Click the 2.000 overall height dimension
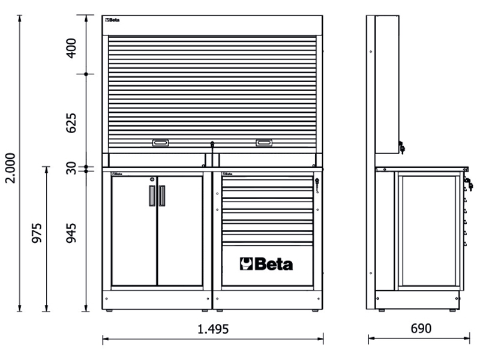pyautogui.click(x=11, y=168)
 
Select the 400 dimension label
pyautogui.click(x=71, y=48)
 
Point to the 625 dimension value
pyautogui.click(x=71, y=123)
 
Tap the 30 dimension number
pyautogui.click(x=71, y=168)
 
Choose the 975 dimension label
pyautogui.click(x=37, y=233)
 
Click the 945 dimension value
pyautogui.click(x=71, y=233)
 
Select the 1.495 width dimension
pyautogui.click(x=213, y=329)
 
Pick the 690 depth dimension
pyautogui.click(x=421, y=328)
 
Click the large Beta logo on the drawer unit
pyautogui.click(x=266, y=264)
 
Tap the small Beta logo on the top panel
pyautogui.click(x=112, y=20)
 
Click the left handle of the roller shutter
pyautogui.click(x=160, y=143)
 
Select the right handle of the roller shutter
pyautogui.click(x=264, y=143)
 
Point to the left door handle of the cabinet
pyautogui.click(x=152, y=196)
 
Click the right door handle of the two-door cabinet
pyautogui.click(x=162, y=196)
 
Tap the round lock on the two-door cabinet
pyautogui.click(x=152, y=179)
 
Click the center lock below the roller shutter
pyautogui.click(x=212, y=144)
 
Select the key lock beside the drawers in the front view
pyautogui.click(x=317, y=185)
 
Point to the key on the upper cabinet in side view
pyautogui.click(x=401, y=147)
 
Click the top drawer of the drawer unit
pyautogui.click(x=267, y=182)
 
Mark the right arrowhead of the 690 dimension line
pyautogui.click(x=467, y=338)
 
